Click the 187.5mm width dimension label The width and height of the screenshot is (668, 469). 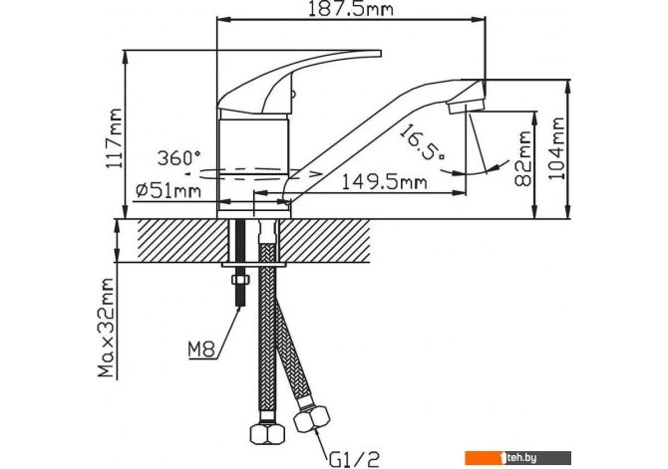[x=350, y=9]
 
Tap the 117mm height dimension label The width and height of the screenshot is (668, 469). [x=115, y=138]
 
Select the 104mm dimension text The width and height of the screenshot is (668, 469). [x=556, y=148]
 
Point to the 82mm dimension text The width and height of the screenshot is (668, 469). [x=523, y=159]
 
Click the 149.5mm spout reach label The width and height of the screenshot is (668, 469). [x=384, y=182]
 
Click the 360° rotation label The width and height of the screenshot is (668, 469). [x=178, y=158]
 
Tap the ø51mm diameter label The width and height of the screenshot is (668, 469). [x=168, y=190]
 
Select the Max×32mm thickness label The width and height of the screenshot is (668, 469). [x=106, y=328]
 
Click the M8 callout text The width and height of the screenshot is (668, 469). [x=201, y=350]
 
